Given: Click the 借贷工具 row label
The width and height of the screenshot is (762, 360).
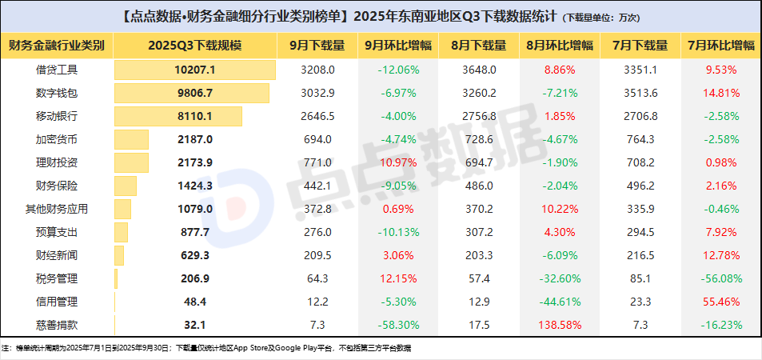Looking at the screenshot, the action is pyautogui.click(x=57, y=70).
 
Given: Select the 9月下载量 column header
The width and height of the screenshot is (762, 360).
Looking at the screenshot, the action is pyautogui.click(x=317, y=46).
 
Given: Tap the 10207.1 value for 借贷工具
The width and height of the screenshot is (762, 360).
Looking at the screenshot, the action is pyautogui.click(x=194, y=70).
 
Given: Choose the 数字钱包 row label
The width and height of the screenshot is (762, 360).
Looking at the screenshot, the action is pyautogui.click(x=57, y=94).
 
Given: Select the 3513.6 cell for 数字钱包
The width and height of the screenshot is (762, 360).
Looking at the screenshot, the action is pyautogui.click(x=640, y=94).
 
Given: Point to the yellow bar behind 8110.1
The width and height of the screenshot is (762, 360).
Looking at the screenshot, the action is pyautogui.click(x=178, y=116).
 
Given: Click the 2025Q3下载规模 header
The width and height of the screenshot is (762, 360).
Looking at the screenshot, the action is pyautogui.click(x=194, y=46).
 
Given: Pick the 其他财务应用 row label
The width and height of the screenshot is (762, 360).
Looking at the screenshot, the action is pyautogui.click(x=57, y=209).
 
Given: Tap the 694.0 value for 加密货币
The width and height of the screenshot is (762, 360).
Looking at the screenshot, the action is pyautogui.click(x=317, y=140).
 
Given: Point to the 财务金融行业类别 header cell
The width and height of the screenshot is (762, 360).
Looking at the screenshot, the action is pyautogui.click(x=57, y=46).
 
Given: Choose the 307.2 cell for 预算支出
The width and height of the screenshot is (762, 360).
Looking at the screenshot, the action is pyautogui.click(x=479, y=232).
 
